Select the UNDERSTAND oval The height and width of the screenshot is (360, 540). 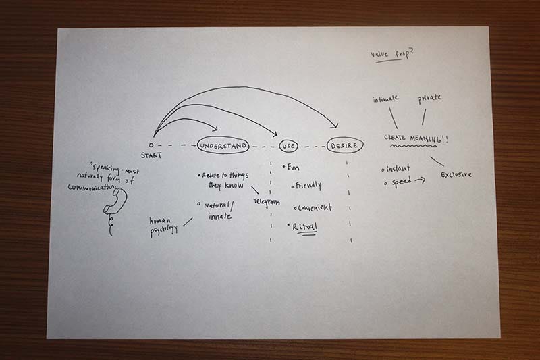pyautogui.click(x=223, y=145)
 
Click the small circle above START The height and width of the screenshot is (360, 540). pyautogui.click(x=151, y=145)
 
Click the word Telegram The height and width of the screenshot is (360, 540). pyautogui.click(x=267, y=202)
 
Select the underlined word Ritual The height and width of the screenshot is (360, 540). pyautogui.click(x=304, y=228)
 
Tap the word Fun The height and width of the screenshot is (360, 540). pyautogui.click(x=294, y=166)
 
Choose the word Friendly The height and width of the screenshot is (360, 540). pyautogui.click(x=306, y=185)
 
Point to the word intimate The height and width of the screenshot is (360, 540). pyautogui.click(x=387, y=101)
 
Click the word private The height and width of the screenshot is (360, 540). pyautogui.click(x=429, y=98)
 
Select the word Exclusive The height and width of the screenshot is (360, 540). pyautogui.click(x=456, y=175)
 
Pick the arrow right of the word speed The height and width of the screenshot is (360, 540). pyautogui.click(x=421, y=181)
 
